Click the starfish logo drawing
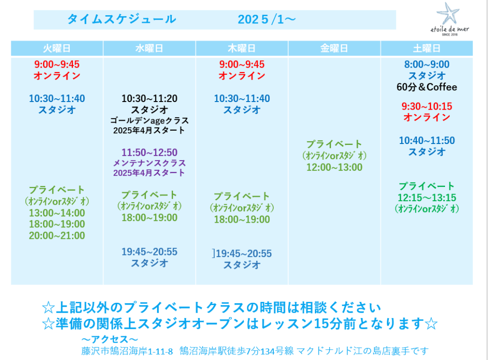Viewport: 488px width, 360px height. (x=448, y=13)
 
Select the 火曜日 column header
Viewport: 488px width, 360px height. (x=57, y=49)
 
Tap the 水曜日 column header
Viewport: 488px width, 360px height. (x=149, y=49)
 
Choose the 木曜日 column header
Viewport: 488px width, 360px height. (x=242, y=49)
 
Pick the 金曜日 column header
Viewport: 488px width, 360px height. (x=334, y=49)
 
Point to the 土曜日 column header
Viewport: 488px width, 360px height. (x=426, y=49)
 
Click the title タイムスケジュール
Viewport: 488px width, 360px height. (x=122, y=19)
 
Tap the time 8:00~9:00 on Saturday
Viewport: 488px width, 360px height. (x=426, y=64)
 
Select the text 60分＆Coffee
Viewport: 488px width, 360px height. (x=426, y=87)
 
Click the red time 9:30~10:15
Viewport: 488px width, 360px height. (x=426, y=106)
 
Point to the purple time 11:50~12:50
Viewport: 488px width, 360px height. (x=149, y=153)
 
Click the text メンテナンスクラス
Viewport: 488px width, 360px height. (x=149, y=163)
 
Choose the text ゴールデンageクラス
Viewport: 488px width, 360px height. (x=149, y=121)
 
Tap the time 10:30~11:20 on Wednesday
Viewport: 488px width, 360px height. (x=149, y=99)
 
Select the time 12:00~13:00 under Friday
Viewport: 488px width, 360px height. (x=334, y=167)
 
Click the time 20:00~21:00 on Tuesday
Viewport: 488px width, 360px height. (x=57, y=236)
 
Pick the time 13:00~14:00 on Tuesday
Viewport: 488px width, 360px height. (x=57, y=213)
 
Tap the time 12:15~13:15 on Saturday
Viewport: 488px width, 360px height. (x=426, y=197)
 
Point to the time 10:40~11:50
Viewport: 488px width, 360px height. (x=426, y=141)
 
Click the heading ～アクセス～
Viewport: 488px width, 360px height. (x=110, y=339)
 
